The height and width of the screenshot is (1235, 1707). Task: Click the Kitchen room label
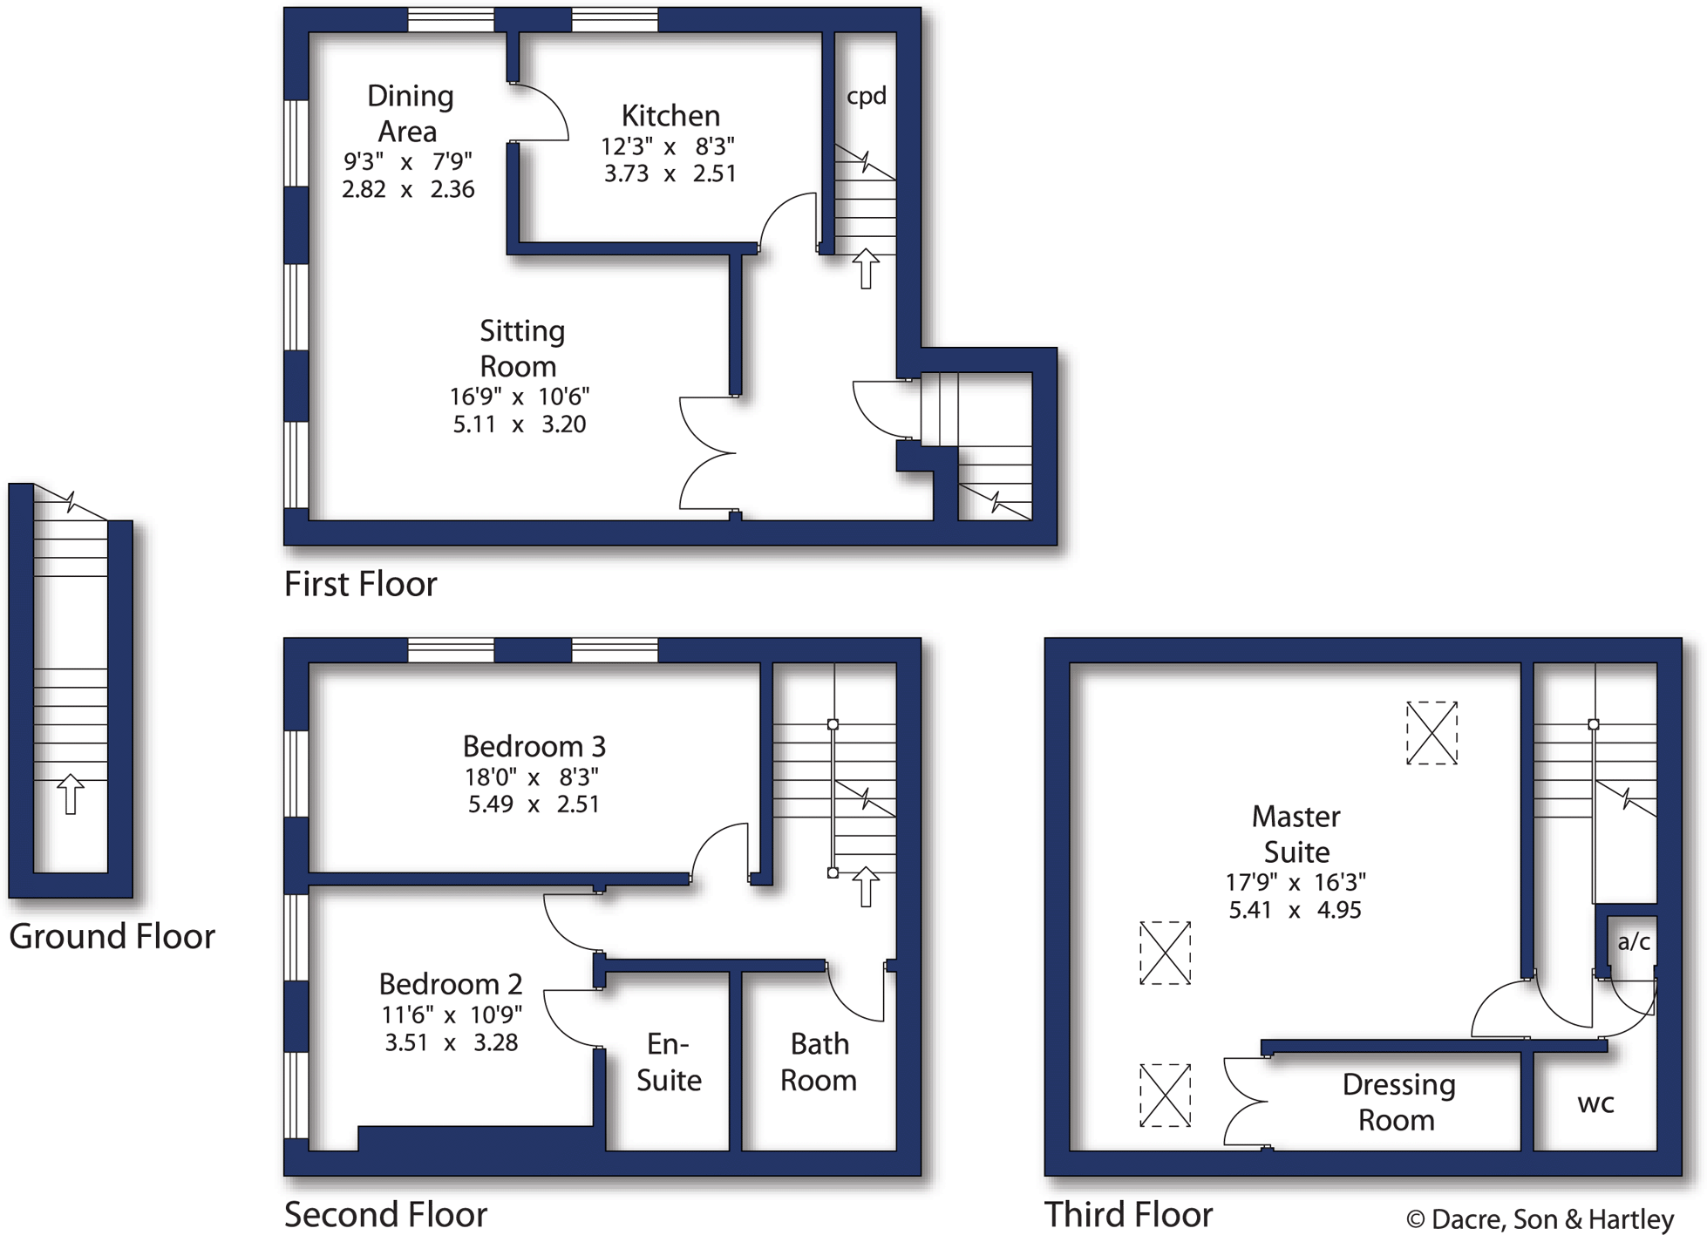pos(670,116)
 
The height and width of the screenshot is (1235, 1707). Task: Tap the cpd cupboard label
pos(866,96)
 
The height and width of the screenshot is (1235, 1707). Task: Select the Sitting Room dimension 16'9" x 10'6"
pos(520,397)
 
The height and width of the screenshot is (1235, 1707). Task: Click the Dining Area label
pos(409,113)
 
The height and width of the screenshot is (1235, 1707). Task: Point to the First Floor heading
pos(360,584)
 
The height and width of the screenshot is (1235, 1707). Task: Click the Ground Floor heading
pos(112,936)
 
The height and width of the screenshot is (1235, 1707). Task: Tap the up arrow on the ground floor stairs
pos(71,794)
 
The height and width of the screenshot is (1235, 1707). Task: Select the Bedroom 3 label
pos(534,746)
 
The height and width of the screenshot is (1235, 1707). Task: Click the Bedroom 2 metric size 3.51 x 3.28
pos(451,1042)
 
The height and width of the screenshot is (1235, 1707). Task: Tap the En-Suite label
pos(669,1062)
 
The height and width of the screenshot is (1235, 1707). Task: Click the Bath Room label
pos(819,1062)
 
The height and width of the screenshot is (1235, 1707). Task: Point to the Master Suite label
pos(1296,833)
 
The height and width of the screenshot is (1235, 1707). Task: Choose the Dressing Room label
pos(1398,1102)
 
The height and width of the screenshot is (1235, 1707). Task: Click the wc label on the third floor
pos(1595,1103)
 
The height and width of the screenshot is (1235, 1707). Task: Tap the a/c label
pos(1633,941)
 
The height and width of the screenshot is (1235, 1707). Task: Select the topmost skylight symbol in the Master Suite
pos(1432,733)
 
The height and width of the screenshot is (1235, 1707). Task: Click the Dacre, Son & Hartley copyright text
pos(1540,1219)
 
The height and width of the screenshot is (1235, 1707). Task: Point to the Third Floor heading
pos(1128,1214)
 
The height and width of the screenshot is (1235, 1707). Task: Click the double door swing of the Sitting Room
pos(708,453)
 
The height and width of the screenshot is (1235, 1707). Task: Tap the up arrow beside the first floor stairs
pos(865,268)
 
